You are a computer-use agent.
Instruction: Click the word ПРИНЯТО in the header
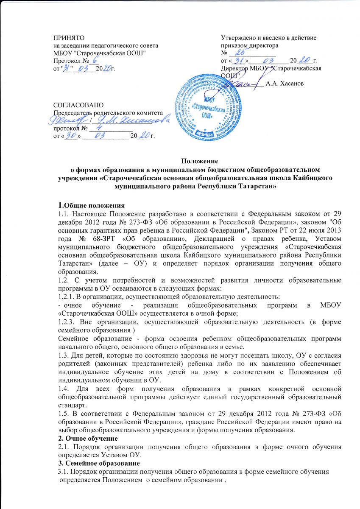[64, 38]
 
